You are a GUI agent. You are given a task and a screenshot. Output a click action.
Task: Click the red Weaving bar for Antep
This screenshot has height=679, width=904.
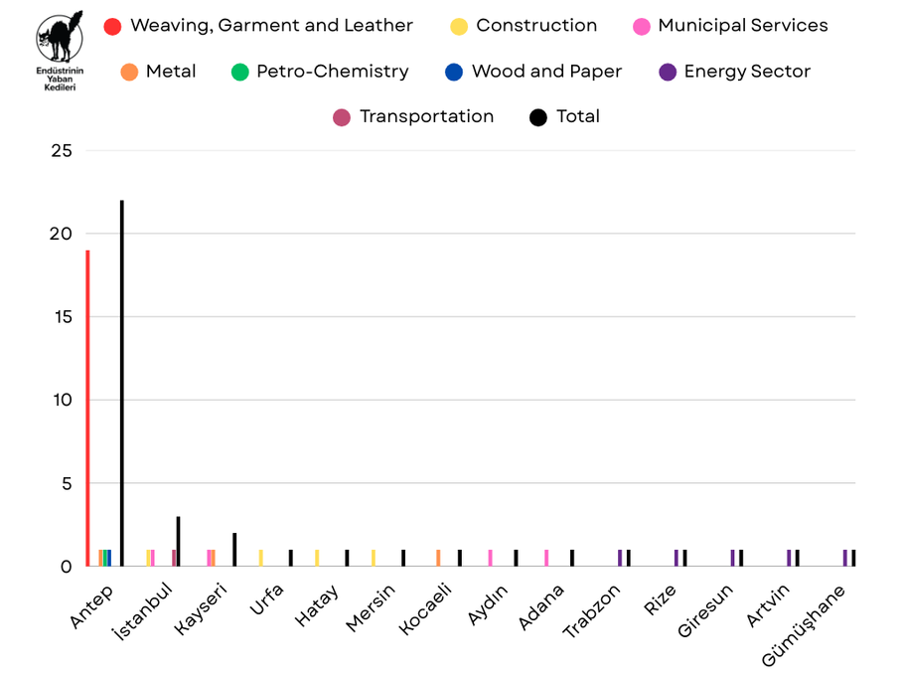87,408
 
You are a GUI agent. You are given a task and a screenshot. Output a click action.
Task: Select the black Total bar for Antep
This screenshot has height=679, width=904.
121,383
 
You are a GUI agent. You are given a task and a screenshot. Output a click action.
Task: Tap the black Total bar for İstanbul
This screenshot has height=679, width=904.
178,542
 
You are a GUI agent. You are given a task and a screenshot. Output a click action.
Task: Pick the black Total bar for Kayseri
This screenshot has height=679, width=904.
234,550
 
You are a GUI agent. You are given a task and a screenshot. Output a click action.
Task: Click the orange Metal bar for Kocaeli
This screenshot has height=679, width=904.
438,558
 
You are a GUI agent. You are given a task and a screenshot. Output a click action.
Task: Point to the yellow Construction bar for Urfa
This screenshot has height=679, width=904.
260,558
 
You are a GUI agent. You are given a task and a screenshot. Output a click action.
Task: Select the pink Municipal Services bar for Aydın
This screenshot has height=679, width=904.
490,558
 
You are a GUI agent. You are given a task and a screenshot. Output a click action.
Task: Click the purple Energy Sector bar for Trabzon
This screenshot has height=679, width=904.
620,558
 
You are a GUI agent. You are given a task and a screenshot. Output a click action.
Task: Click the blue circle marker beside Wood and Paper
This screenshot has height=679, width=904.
454,72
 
